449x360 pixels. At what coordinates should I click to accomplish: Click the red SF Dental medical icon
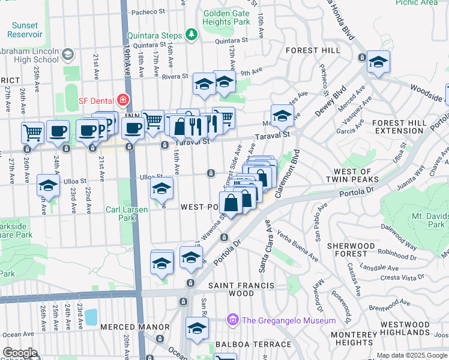click(x=123, y=99)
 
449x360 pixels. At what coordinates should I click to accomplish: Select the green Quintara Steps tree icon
click(x=191, y=35)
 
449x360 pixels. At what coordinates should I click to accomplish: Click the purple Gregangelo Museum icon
click(x=232, y=320)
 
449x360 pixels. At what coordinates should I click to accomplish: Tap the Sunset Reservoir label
click(x=24, y=30)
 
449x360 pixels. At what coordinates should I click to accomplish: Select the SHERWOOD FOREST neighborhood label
click(x=351, y=251)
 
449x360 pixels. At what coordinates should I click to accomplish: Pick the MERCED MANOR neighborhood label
click(x=135, y=327)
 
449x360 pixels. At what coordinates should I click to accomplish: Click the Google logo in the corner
click(x=20, y=353)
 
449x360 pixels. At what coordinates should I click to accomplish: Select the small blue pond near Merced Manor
click(x=91, y=316)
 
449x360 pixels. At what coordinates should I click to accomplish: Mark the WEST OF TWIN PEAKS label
click(x=352, y=175)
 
